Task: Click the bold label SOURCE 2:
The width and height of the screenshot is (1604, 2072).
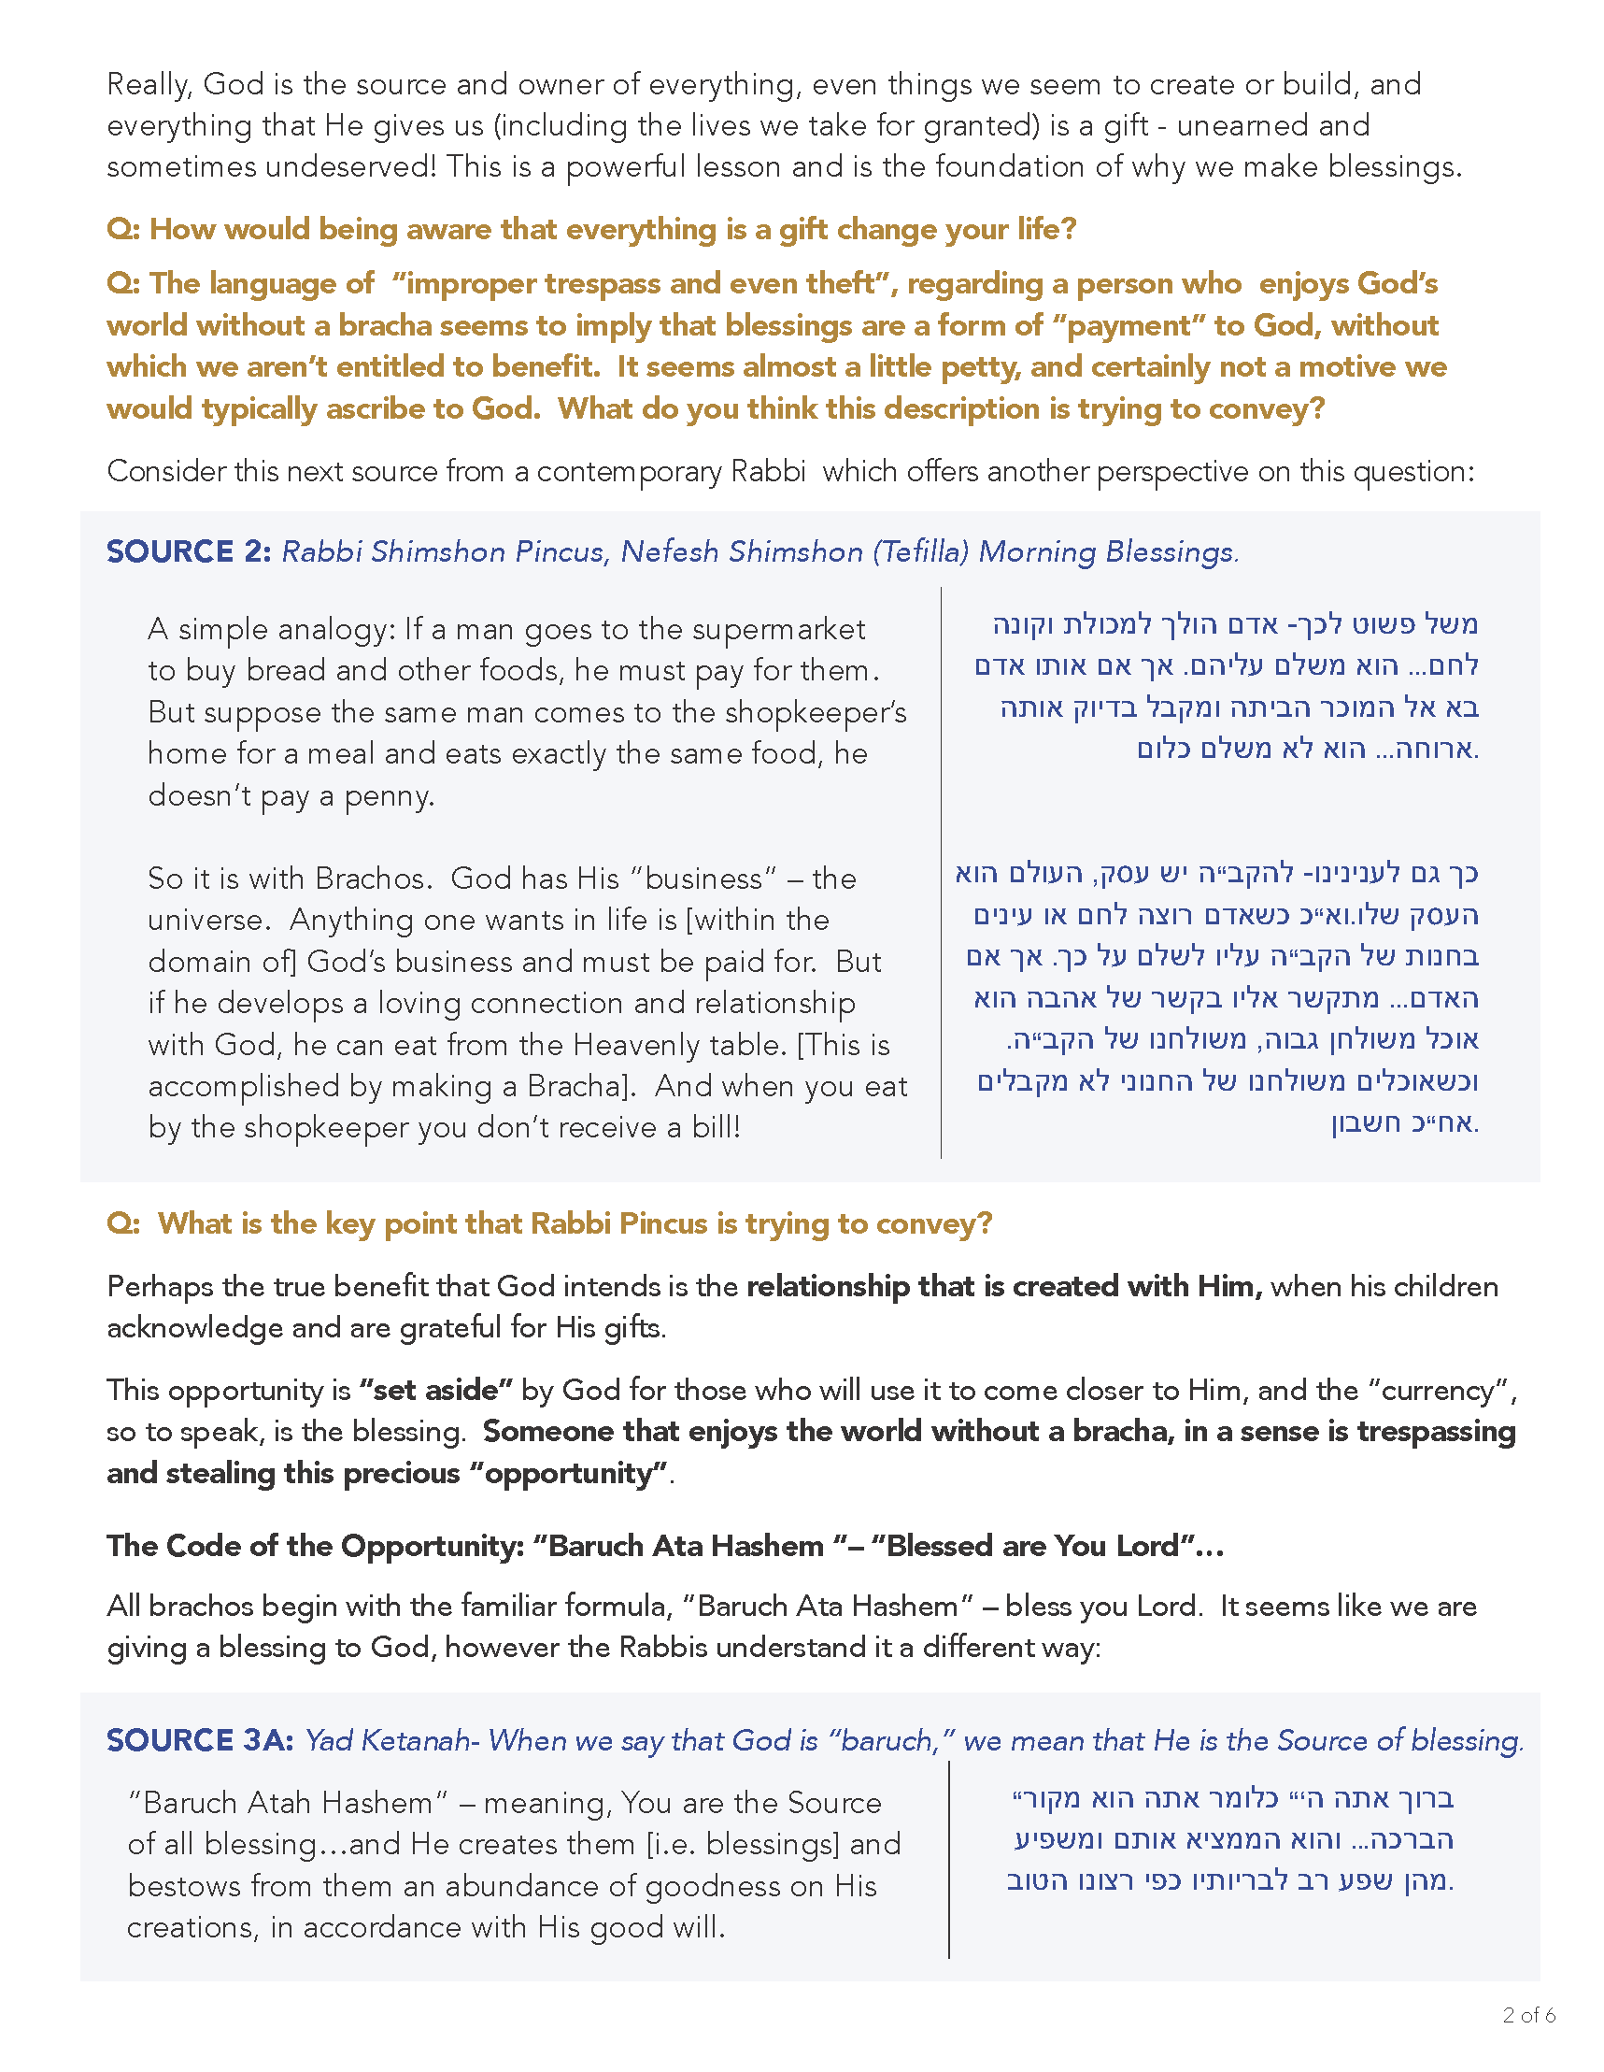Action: coord(189,551)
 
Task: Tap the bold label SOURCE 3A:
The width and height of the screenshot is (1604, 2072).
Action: coord(199,1740)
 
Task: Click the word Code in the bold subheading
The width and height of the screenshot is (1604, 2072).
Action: coord(204,1546)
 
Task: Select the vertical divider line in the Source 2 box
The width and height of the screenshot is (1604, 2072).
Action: coord(941,873)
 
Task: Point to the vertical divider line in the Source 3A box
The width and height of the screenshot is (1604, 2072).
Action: coord(948,1860)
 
